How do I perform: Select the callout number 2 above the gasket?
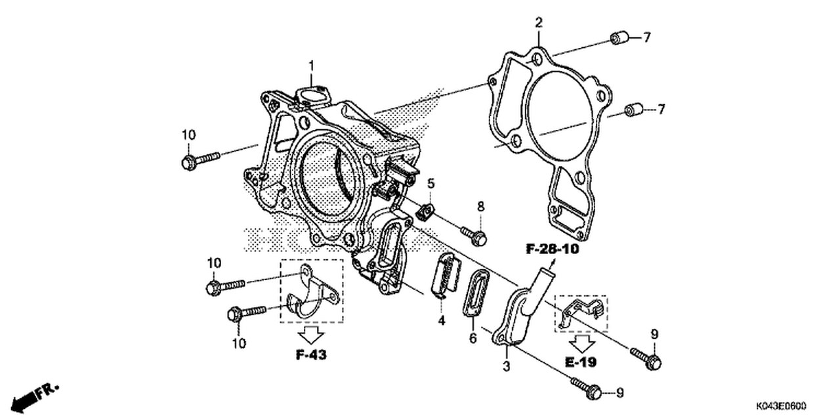(539, 23)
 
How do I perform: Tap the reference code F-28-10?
(552, 249)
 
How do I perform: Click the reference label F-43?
(311, 355)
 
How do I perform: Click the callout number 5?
(431, 182)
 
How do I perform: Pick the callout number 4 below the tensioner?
(442, 320)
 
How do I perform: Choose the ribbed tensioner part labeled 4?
(444, 276)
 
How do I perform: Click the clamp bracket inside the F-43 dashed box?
(311, 292)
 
